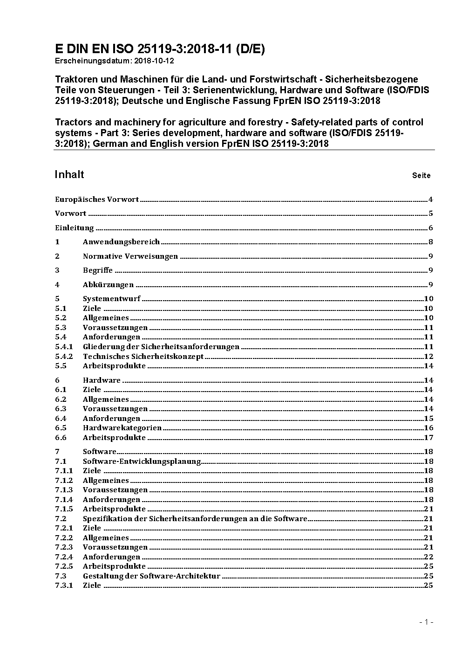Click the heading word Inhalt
pyautogui.click(x=69, y=174)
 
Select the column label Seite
pyautogui.click(x=421, y=176)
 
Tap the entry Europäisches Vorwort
pyautogui.click(x=97, y=200)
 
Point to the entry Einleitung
pyautogui.click(x=75, y=228)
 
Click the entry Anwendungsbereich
pyautogui.click(x=121, y=241)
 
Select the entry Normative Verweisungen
pyautogui.click(x=130, y=256)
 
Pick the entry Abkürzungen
pyautogui.click(x=108, y=284)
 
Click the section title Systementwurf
pyautogui.click(x=111, y=299)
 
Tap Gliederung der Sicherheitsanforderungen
pyautogui.click(x=161, y=346)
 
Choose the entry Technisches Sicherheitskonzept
pyautogui.click(x=143, y=356)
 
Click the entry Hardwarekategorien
pyautogui.click(x=122, y=427)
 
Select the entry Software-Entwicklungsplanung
pyautogui.click(x=142, y=461)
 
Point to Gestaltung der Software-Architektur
pyautogui.click(x=151, y=576)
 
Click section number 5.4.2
pyautogui.click(x=64, y=356)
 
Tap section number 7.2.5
pyautogui.click(x=64, y=566)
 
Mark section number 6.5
pyautogui.click(x=61, y=427)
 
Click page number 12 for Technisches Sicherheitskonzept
pyautogui.click(x=428, y=356)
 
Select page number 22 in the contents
pyautogui.click(x=428, y=557)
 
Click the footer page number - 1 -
pyautogui.click(x=426, y=622)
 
